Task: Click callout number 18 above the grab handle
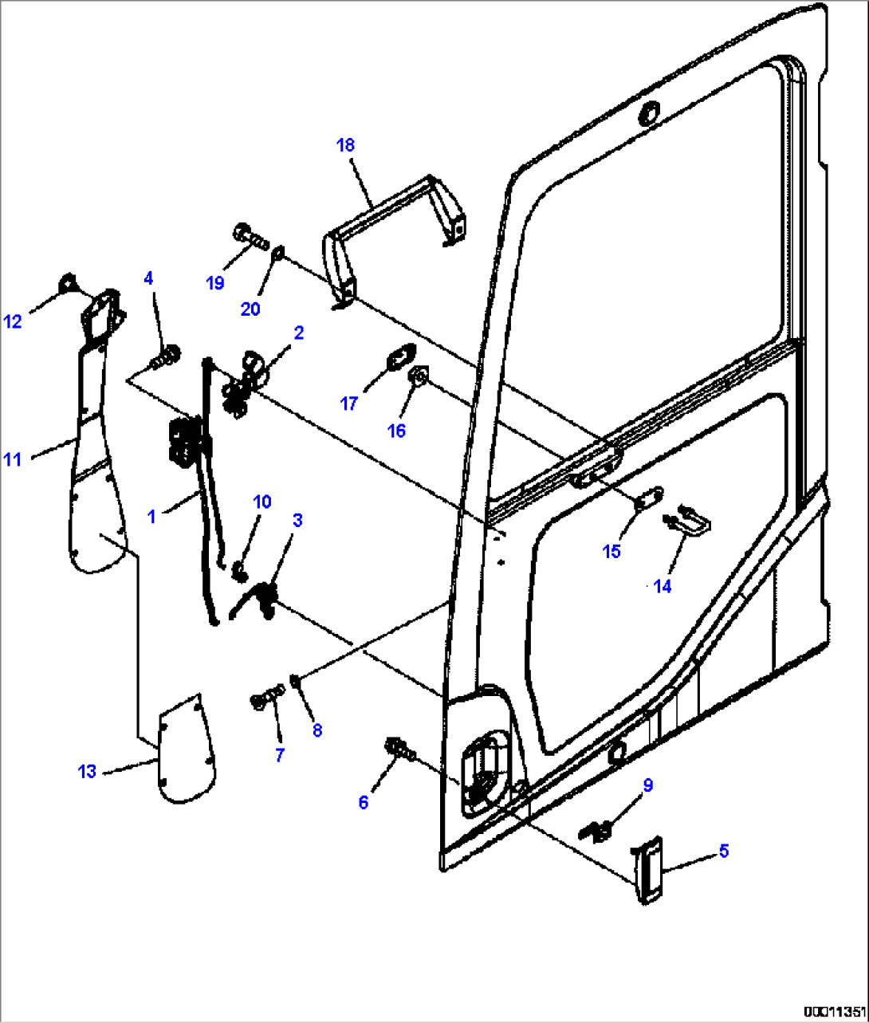(x=345, y=145)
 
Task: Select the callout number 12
(x=13, y=321)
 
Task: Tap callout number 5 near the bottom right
(x=723, y=851)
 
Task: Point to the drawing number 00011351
(x=833, y=1011)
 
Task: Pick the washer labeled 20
(x=276, y=254)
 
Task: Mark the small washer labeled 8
(x=295, y=680)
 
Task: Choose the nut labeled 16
(x=417, y=376)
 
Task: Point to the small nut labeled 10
(x=237, y=570)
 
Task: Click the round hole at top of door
(x=650, y=112)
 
